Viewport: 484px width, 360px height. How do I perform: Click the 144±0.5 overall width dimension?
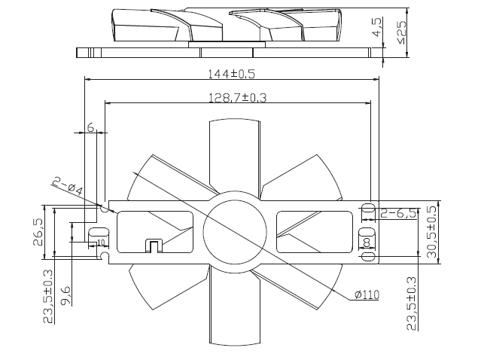coord(232,74)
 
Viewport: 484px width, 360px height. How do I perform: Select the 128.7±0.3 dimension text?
coord(237,98)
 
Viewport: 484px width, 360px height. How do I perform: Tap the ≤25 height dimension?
coord(402,32)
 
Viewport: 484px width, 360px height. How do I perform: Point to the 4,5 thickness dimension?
coord(377,27)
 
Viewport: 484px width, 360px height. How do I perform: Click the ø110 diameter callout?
coord(367,294)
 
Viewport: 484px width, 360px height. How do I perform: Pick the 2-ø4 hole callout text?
coord(68,186)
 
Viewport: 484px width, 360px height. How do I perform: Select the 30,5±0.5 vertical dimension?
coord(431,232)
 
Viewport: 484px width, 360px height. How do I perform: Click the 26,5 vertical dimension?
coord(38,232)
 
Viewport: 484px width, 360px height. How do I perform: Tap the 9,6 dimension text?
coord(65,296)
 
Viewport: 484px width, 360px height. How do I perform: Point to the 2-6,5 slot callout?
coord(398,213)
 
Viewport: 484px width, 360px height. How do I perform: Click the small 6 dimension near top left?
coord(90,127)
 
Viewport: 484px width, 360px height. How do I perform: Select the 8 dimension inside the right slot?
coord(367,243)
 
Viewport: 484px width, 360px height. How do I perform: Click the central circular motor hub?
coord(235,232)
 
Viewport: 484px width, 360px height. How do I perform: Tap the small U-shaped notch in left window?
coord(154,246)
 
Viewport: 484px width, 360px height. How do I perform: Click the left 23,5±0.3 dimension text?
coord(48,297)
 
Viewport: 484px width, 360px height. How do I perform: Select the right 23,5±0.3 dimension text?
coord(412,304)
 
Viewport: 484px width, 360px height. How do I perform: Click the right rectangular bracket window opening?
coord(315,232)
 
